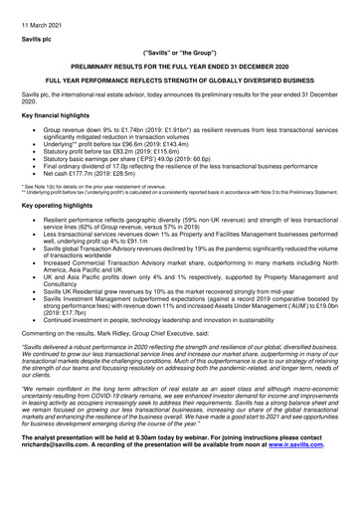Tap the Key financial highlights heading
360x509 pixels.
(46, 115)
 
